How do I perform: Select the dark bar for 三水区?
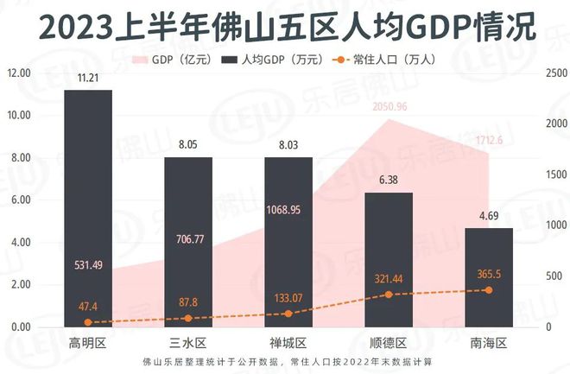pos(188,242)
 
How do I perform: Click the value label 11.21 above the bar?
pos(87,79)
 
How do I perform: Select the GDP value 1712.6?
pos(489,139)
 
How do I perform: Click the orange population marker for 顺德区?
pos(389,295)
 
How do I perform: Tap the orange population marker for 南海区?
pos(489,290)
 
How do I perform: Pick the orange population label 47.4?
pos(87,307)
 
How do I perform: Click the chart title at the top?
pos(285,27)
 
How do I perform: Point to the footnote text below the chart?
pos(285,361)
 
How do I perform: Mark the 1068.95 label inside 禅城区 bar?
pos(288,210)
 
